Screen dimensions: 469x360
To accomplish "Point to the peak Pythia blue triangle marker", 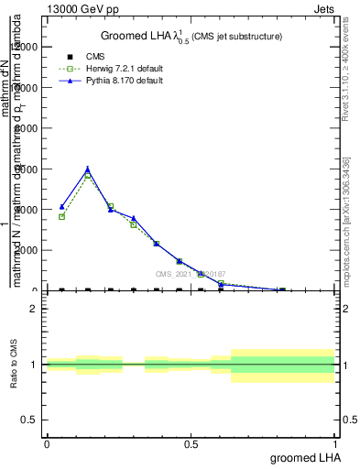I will [x=88, y=169].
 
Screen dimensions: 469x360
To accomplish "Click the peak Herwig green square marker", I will [x=88, y=174].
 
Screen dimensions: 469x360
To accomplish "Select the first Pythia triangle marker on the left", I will [x=61, y=207].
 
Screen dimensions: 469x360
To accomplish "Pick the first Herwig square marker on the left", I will [x=61, y=216].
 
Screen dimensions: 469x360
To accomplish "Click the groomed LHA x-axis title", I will [x=302, y=456].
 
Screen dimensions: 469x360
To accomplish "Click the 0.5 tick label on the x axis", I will [x=191, y=443].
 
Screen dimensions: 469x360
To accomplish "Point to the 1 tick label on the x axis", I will [x=335, y=443].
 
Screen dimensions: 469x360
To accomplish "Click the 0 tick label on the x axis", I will [x=47, y=443].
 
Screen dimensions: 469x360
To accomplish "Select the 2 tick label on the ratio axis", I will [x=34, y=309].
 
